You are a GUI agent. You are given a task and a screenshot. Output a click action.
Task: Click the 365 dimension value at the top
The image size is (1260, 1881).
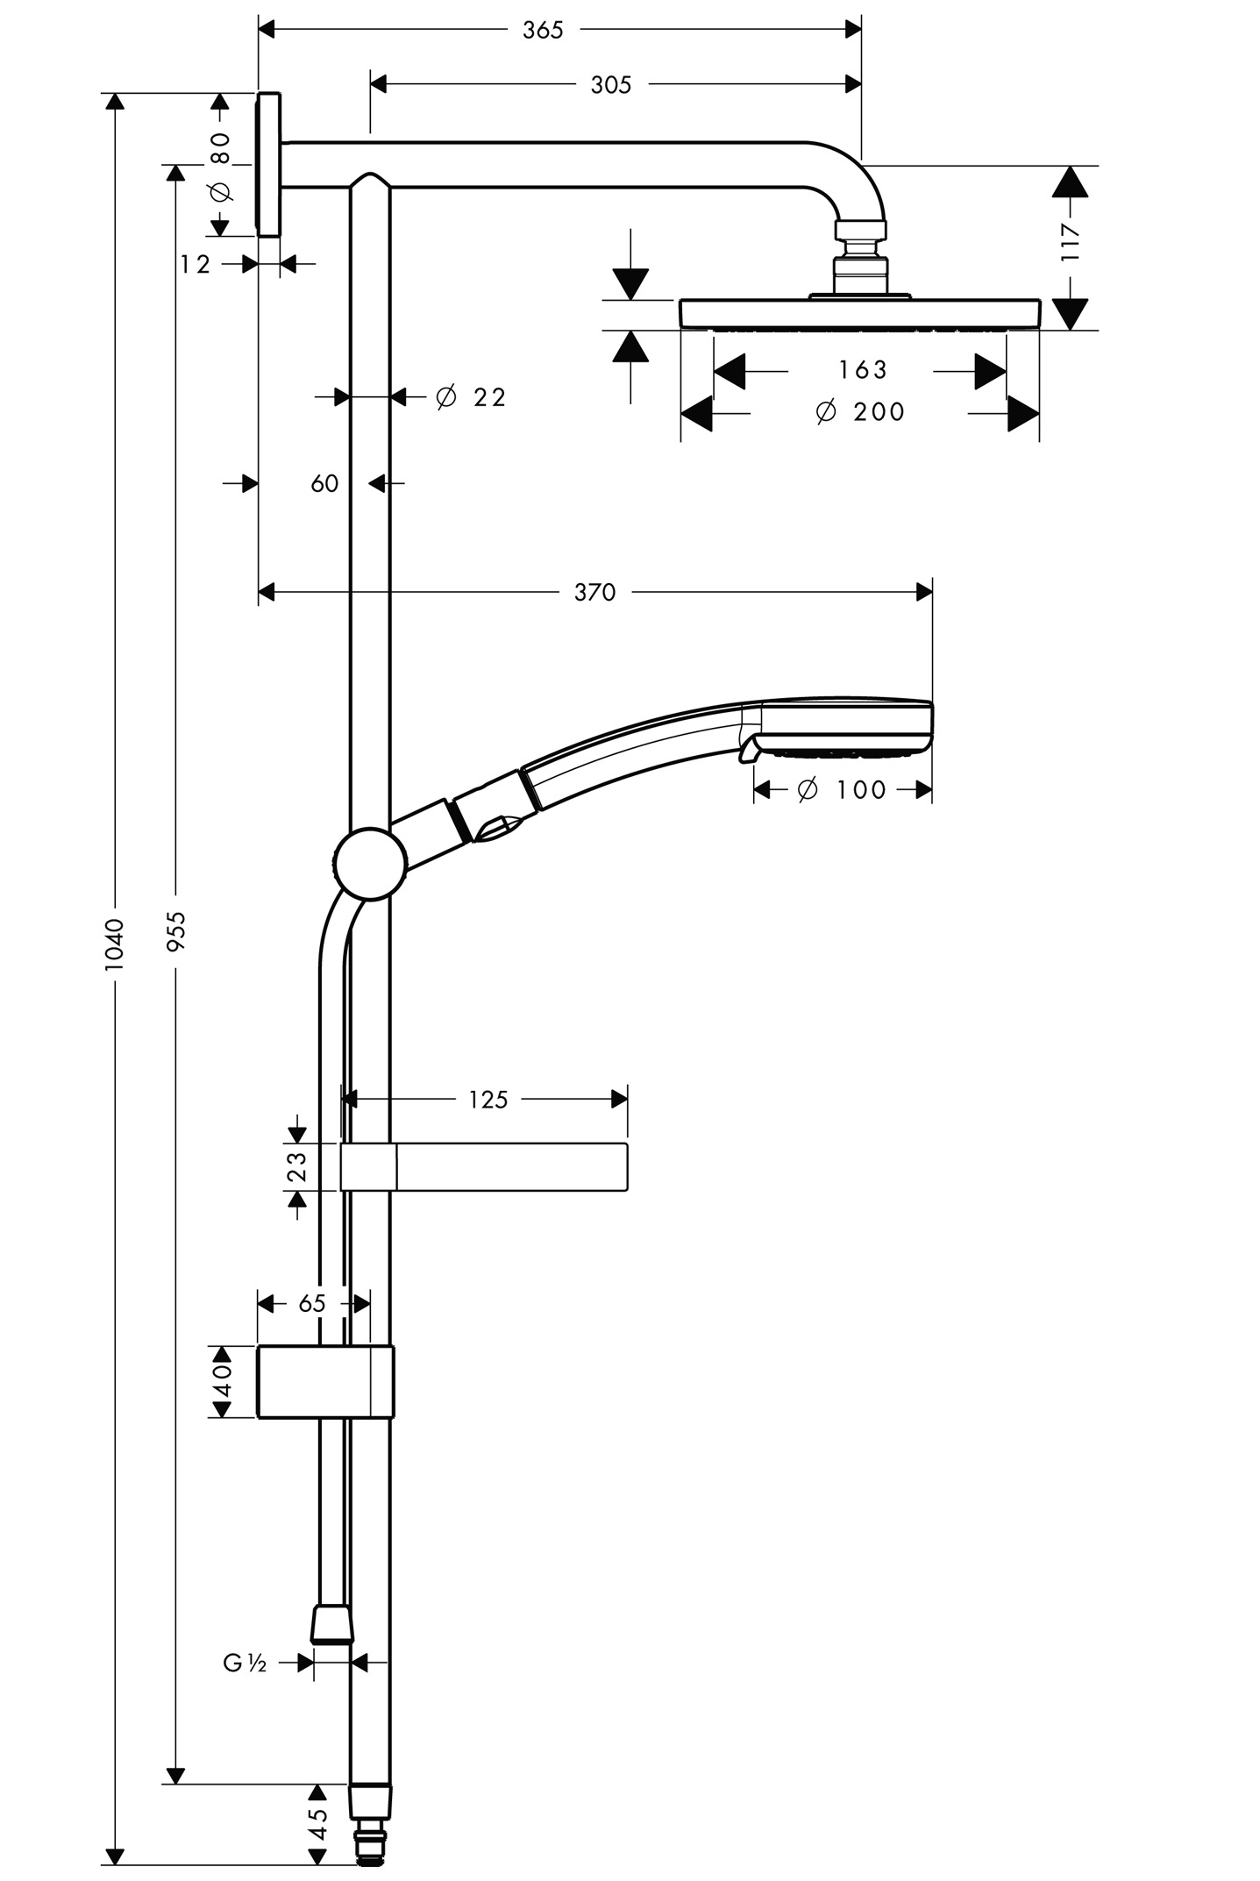pyautogui.click(x=543, y=30)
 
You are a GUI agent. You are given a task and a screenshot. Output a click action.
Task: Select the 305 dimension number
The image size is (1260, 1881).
pyautogui.click(x=611, y=85)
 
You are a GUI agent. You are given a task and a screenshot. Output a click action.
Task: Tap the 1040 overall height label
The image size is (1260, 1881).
pyautogui.click(x=115, y=944)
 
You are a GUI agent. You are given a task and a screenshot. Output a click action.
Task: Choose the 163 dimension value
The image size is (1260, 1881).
pyautogui.click(x=863, y=370)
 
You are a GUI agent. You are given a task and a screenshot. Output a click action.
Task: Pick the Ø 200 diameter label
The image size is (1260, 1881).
pyautogui.click(x=860, y=411)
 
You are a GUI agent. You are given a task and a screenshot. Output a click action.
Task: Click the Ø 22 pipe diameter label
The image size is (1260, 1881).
pyautogui.click(x=471, y=397)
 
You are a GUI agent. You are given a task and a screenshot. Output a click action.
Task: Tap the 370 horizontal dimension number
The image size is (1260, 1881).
pyautogui.click(x=595, y=593)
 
